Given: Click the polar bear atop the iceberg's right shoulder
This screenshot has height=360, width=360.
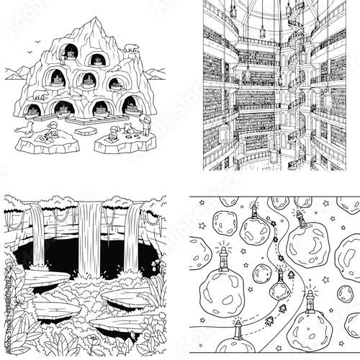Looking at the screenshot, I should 131,48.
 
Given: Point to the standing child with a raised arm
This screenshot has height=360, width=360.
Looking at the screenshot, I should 146,125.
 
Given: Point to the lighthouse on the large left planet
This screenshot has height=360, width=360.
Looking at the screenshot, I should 225,252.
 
